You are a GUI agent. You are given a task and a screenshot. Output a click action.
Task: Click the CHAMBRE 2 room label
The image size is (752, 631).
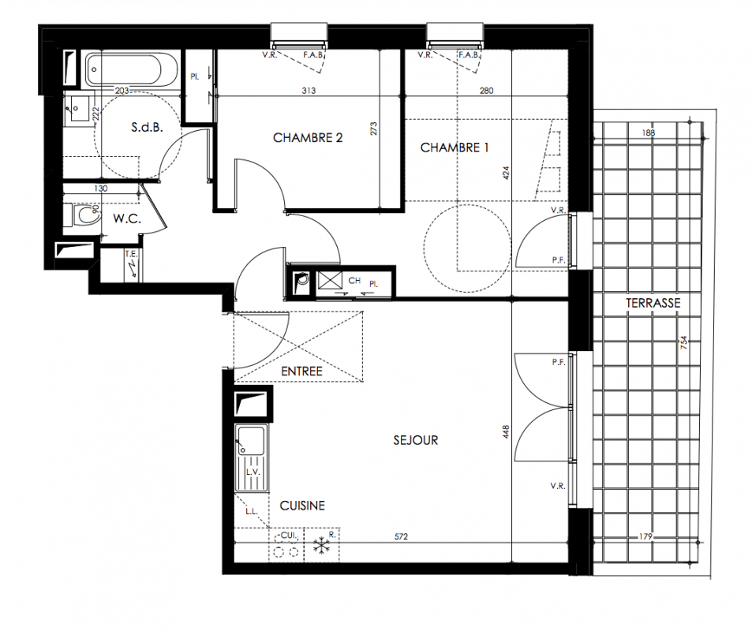coord(308,137)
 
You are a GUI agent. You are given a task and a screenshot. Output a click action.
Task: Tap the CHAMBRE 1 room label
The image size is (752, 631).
coord(455,147)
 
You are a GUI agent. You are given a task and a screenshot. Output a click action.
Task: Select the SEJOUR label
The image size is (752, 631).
coord(415,440)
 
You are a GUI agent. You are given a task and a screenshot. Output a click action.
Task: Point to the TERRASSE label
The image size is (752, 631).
coord(653,303)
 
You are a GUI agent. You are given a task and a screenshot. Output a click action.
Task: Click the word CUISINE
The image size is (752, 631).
coord(302,506)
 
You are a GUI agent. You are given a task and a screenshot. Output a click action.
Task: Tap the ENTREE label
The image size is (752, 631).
coord(301,372)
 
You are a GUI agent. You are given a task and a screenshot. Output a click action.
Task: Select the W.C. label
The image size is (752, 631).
coord(127,219)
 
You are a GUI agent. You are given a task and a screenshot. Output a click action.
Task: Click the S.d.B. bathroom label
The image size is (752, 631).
coord(147,127)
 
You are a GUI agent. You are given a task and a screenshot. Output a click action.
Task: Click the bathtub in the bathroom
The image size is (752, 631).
coord(124,70)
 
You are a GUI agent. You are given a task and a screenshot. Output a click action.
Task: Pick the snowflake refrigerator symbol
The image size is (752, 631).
coord(321,546)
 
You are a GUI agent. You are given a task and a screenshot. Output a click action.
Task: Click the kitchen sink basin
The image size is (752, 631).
coord(250,439)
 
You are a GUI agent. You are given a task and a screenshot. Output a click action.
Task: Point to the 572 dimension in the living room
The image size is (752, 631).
coord(401,536)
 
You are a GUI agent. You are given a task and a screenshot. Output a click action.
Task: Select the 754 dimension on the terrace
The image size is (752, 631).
coord(684,342)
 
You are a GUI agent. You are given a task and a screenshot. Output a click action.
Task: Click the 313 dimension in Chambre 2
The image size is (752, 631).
coord(309,90)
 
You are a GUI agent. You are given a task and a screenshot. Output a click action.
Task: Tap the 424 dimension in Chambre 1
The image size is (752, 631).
coord(507,173)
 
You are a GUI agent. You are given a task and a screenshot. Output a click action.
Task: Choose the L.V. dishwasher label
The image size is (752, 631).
coord(253,472)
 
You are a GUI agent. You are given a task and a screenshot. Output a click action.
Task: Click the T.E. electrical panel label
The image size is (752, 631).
coord(131,254)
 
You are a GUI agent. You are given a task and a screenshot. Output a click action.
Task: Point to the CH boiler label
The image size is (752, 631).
coord(354,281)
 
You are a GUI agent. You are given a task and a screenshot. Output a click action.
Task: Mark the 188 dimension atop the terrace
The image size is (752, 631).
coord(649,133)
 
